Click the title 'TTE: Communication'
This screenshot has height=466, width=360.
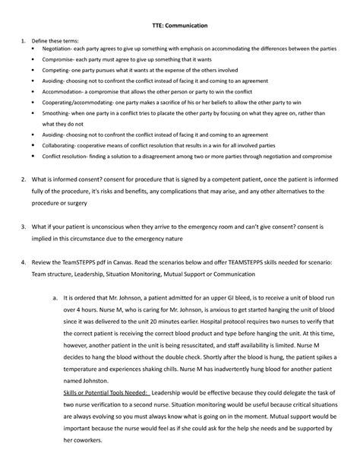pyautogui.click(x=180, y=25)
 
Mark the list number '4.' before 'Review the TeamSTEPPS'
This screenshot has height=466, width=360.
pyautogui.click(x=28, y=283)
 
